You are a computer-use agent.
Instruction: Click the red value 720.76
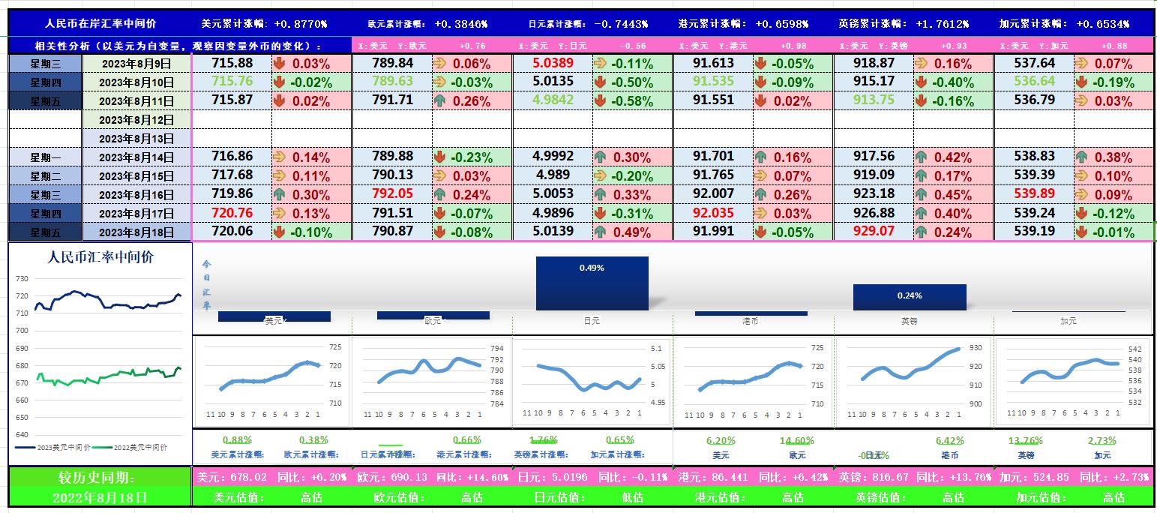[x=232, y=213]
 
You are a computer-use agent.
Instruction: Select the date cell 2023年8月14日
[x=136, y=157]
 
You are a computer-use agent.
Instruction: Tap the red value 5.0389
[x=553, y=63]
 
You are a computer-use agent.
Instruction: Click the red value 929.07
[x=874, y=231]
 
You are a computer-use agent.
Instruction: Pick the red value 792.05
[x=392, y=194]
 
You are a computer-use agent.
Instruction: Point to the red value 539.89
[x=1034, y=194]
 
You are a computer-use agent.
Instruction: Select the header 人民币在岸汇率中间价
[x=101, y=24]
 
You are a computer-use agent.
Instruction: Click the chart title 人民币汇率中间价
[x=100, y=257]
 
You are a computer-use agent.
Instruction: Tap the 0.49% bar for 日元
[x=592, y=283]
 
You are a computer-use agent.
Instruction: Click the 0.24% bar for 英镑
[x=909, y=296]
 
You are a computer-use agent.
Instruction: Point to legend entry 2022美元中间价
[x=139, y=447]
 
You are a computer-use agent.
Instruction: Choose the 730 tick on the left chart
[x=21, y=278]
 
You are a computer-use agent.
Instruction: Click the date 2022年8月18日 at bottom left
[x=100, y=496]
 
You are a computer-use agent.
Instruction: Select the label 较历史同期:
[x=100, y=477]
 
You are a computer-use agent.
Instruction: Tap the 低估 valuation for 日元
[x=632, y=496]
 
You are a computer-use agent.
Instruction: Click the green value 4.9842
[x=553, y=100]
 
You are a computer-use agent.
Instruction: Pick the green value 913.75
[x=874, y=100]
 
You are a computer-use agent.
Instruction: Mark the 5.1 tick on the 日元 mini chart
[x=656, y=349]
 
